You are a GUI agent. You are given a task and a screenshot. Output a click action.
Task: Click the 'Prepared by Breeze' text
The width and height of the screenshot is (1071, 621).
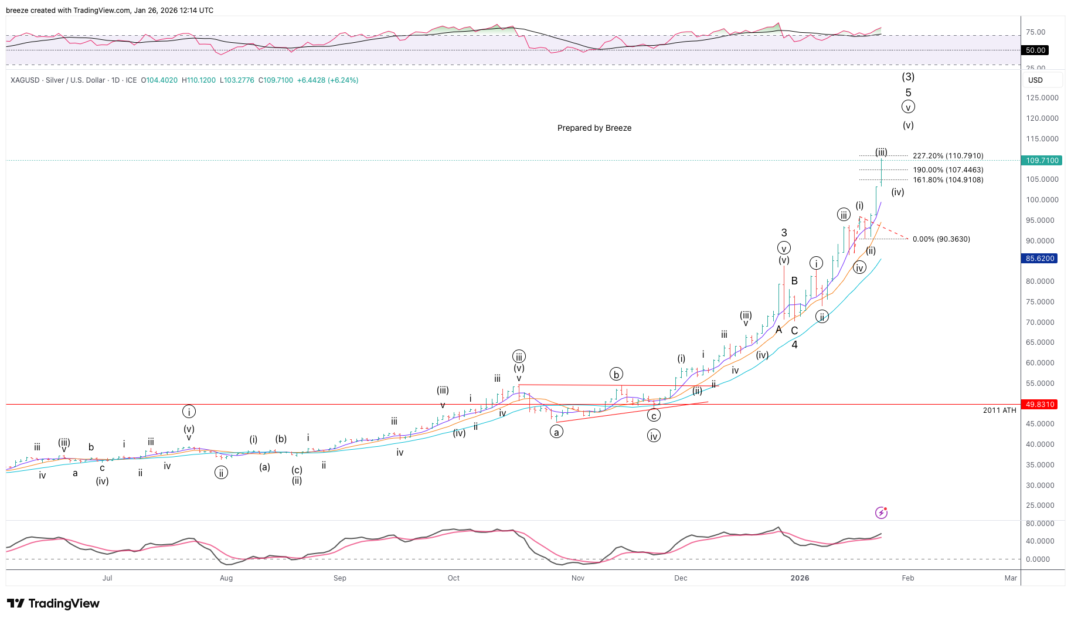coord(594,128)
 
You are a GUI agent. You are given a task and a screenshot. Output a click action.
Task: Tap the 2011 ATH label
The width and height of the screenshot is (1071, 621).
coord(999,410)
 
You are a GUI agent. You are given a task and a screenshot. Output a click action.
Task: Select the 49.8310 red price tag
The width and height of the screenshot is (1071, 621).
coord(1040,405)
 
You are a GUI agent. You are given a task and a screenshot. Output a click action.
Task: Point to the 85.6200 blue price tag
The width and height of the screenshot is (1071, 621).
coord(1040,259)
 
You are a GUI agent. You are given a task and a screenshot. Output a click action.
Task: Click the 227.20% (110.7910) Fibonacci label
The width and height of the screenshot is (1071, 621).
coord(947,156)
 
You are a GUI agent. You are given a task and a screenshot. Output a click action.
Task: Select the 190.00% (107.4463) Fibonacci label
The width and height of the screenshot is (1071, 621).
coord(947,170)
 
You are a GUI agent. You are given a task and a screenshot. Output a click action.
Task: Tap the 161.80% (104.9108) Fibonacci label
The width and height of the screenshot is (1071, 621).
coord(947,180)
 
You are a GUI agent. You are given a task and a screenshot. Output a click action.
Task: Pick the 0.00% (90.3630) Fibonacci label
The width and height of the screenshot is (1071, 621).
coord(941,239)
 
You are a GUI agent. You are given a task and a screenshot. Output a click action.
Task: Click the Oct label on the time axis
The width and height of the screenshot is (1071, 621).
coord(453,578)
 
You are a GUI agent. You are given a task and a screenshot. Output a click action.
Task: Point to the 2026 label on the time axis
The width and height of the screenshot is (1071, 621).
coord(800,578)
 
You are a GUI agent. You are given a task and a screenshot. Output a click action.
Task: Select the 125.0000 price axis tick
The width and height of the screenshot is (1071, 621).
coord(1042,98)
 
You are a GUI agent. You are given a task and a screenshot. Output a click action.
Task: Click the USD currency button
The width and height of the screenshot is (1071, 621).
coord(1035,80)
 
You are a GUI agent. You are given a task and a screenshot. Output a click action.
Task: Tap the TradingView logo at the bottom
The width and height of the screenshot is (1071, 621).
coord(53,603)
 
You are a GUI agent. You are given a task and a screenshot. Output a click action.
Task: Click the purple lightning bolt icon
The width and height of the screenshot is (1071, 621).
coord(881,513)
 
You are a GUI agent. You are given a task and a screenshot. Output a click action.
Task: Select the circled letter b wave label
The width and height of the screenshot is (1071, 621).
coord(616,375)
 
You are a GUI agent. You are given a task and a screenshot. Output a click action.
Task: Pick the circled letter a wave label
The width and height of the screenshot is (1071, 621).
coord(556,432)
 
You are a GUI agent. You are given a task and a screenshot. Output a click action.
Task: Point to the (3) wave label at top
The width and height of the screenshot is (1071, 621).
coord(907,77)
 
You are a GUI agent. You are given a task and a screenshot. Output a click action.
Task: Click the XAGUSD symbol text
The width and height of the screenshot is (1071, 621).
coord(25,80)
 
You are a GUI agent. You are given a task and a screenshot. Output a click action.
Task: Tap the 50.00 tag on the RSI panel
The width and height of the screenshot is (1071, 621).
coord(1035,50)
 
